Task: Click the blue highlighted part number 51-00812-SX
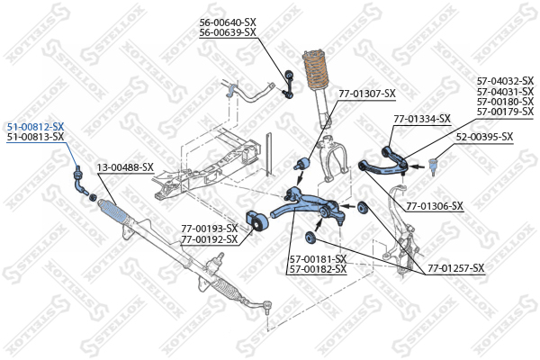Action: (35, 127)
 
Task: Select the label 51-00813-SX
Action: (35, 137)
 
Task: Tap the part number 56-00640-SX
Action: (228, 22)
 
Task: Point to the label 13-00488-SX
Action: (125, 167)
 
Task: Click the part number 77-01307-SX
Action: (367, 94)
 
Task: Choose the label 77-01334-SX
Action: (422, 119)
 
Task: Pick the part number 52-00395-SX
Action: (484, 137)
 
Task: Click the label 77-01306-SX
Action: (435, 206)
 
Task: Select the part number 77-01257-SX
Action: (456, 267)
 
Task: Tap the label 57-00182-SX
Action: (319, 269)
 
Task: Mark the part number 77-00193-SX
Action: (210, 229)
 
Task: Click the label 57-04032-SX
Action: (505, 81)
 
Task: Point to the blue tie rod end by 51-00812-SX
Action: (80, 180)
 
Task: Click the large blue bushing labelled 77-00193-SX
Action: (256, 221)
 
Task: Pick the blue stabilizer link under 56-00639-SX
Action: (288, 85)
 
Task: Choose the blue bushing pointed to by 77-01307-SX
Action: (303, 163)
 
